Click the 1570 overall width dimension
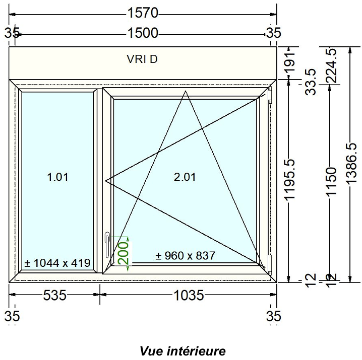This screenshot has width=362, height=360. [x=143, y=12]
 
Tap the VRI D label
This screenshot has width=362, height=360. [x=142, y=59]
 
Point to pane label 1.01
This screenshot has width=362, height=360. [x=57, y=177]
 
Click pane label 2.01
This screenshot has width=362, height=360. [x=185, y=177]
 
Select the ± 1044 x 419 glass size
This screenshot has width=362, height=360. [x=57, y=262]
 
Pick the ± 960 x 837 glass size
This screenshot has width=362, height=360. [x=185, y=255]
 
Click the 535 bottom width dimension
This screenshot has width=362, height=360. [x=54, y=296]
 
